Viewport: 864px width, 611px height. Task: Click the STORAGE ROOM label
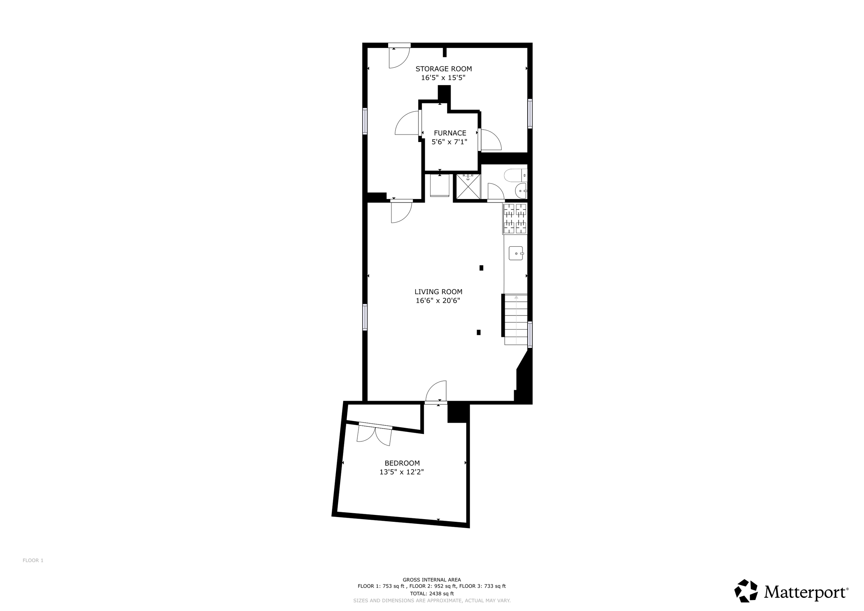point(444,69)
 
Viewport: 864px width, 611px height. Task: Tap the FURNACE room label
point(450,133)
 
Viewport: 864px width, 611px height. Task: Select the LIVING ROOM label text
point(439,292)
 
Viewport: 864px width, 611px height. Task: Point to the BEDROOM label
point(402,463)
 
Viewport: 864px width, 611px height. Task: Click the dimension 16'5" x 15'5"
point(443,78)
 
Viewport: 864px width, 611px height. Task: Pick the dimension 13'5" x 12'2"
point(402,472)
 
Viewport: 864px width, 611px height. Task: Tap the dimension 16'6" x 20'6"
point(438,301)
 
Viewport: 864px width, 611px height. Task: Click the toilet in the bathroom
point(516,175)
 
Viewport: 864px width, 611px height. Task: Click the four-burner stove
point(515,219)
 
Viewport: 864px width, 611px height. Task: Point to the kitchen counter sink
point(516,253)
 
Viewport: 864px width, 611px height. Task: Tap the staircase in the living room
point(516,319)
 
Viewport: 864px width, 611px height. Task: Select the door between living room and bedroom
point(436,392)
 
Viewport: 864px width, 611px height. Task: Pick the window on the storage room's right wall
point(530,114)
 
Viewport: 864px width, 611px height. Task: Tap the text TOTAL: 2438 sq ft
point(432,594)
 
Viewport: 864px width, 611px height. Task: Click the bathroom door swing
point(496,192)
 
